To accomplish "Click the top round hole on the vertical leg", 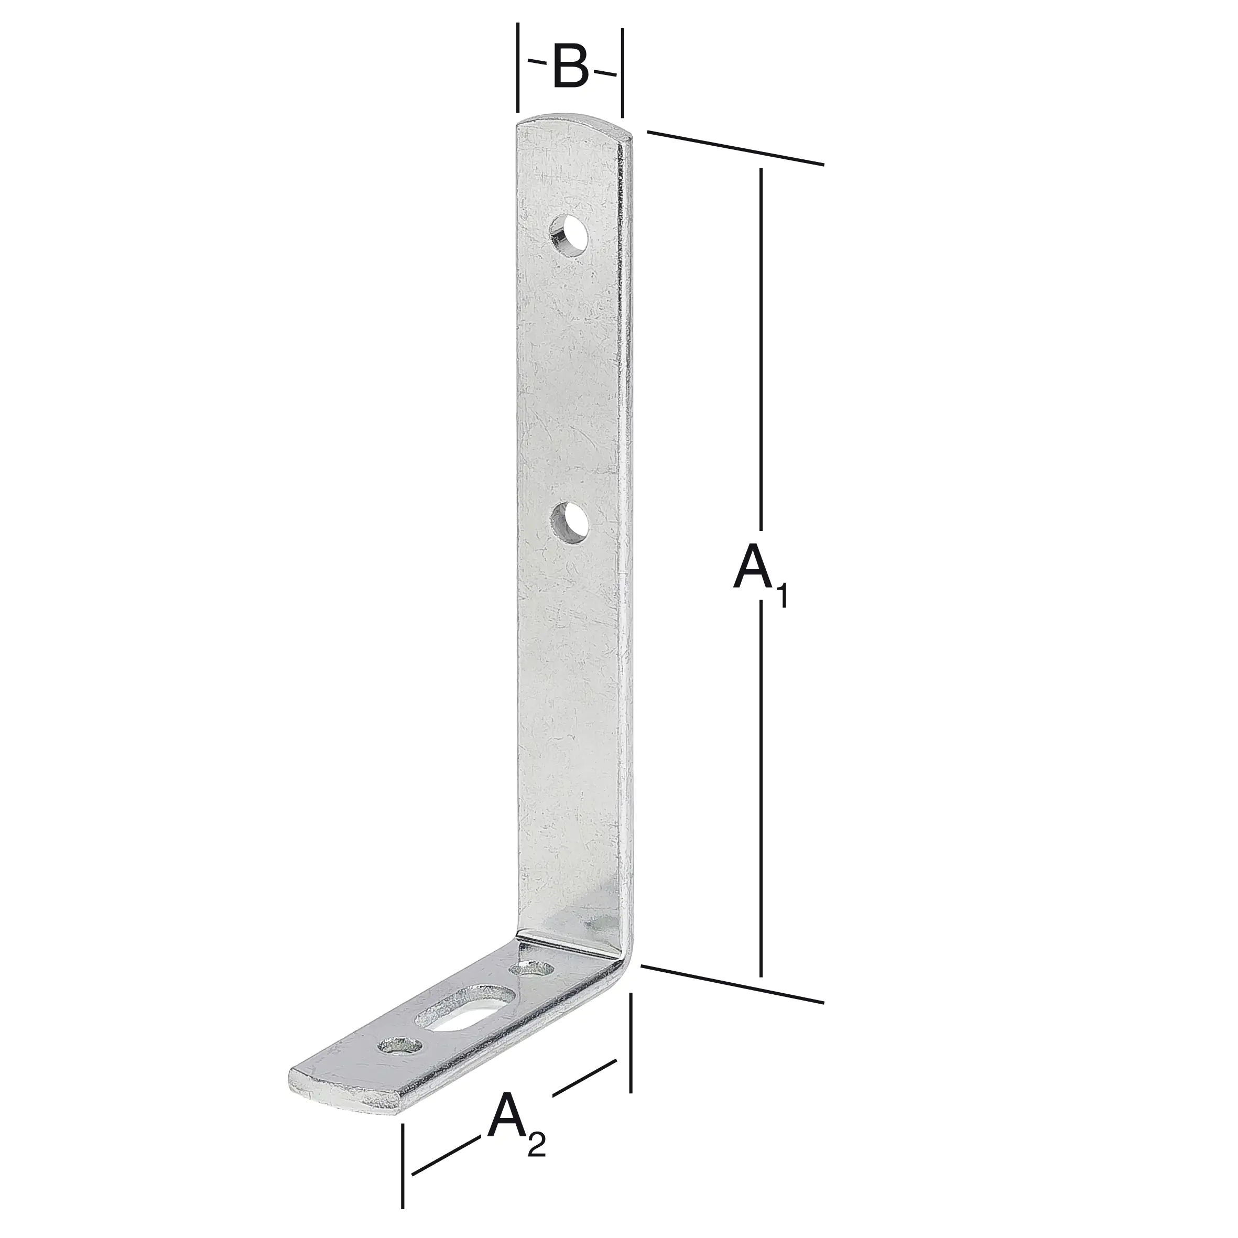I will click(x=570, y=236).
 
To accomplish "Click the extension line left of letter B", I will click(x=518, y=67).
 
